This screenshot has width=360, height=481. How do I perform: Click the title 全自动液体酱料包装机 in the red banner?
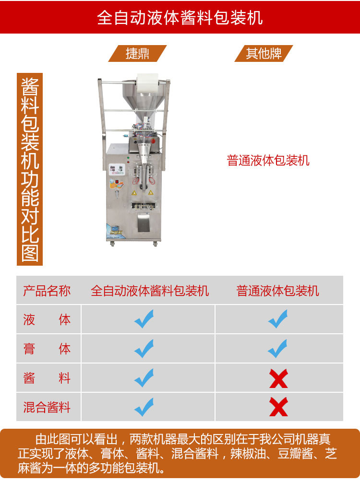180,17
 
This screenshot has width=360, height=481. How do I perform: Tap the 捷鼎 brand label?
137,53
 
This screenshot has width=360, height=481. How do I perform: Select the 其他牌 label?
264,53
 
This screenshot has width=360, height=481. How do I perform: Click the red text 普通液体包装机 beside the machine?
268,161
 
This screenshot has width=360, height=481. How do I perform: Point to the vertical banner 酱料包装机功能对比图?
30,169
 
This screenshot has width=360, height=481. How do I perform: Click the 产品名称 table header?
47,291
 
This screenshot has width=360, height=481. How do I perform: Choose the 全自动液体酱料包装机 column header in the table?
150,291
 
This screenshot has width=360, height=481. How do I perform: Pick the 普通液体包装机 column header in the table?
277,291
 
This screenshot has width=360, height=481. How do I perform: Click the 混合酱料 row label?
47,407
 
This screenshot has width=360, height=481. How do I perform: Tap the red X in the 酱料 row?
278,378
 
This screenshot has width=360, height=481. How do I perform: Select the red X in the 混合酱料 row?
278,407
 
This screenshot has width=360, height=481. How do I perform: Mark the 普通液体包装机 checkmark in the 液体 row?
277,319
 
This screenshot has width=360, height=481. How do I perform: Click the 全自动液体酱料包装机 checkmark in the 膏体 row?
144,349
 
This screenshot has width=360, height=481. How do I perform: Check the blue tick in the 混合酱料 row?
144,407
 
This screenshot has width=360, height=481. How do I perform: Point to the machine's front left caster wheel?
112,244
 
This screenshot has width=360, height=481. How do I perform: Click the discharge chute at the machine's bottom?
144,223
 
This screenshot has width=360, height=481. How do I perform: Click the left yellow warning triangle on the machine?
134,193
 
